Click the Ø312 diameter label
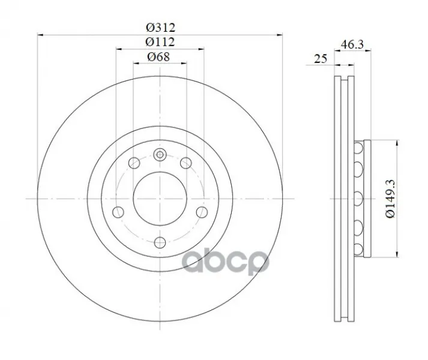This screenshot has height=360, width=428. [x=160, y=28]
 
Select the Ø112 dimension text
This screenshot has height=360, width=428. [x=160, y=42]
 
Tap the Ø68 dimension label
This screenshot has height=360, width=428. [x=158, y=56]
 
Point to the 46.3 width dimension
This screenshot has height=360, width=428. [x=352, y=44]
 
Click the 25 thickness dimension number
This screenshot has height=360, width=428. [x=321, y=58]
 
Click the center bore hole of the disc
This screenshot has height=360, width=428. [x=160, y=199]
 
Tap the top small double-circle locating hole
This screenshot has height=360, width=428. [x=160, y=155]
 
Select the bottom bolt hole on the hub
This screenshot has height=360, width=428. [x=160, y=242]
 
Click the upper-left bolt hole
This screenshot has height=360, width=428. [x=134, y=163]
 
